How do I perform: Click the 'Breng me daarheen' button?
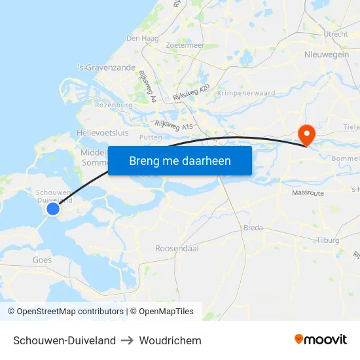click(x=180, y=160)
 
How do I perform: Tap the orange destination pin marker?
click(x=306, y=135)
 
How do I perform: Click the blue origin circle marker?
click(x=53, y=209)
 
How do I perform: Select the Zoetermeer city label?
click(x=185, y=46)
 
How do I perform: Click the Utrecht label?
click(x=335, y=33)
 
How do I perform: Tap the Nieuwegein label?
click(x=327, y=55)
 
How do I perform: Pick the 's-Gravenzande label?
click(x=106, y=67)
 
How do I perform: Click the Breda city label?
click(x=253, y=228)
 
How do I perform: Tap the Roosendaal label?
click(x=177, y=249)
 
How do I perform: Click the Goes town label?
click(x=42, y=260)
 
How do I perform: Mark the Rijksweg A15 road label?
click(x=175, y=124)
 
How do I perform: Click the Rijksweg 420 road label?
click(x=191, y=92)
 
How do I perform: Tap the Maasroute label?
click(x=308, y=194)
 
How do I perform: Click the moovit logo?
click(x=321, y=340)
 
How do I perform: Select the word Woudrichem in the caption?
click(x=170, y=340)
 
